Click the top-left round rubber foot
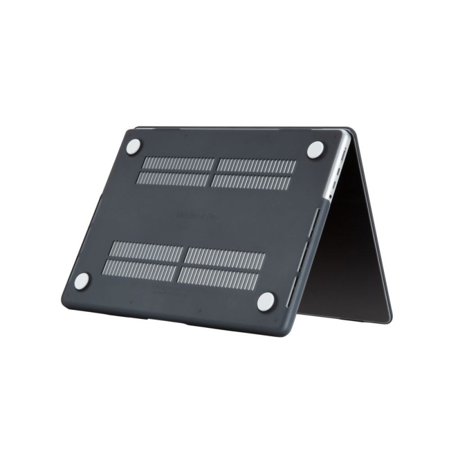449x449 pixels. tap(133, 147)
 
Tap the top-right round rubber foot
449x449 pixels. tap(315, 149)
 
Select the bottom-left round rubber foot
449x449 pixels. tap(82, 281)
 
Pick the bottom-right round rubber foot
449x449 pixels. tap(266, 301)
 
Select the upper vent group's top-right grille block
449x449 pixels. tap(257, 167)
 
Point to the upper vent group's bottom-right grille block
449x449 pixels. tap(251, 182)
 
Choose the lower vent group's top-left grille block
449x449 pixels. tap(148, 251)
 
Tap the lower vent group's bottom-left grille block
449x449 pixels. tap(141, 269)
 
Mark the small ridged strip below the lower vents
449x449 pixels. tap(169, 291)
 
